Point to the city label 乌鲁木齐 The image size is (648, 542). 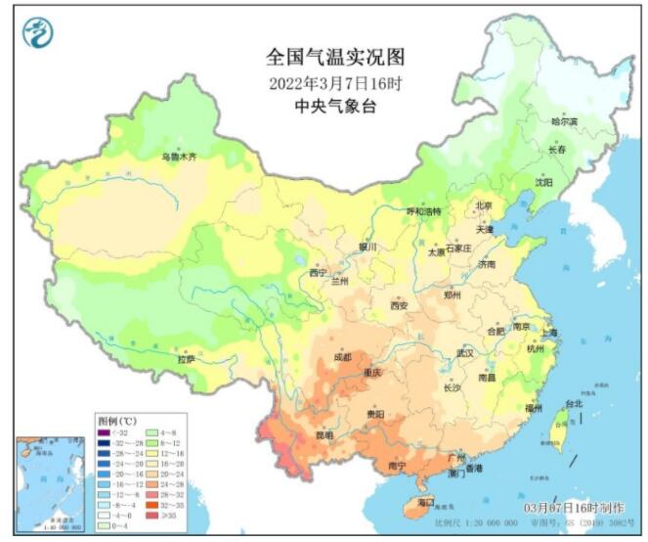179,157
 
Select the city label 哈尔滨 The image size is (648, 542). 564,121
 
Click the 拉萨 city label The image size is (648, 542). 186,360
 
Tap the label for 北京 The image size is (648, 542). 483,205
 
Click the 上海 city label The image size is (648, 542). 549,333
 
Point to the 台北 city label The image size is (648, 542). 573,403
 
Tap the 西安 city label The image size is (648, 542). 399,306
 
